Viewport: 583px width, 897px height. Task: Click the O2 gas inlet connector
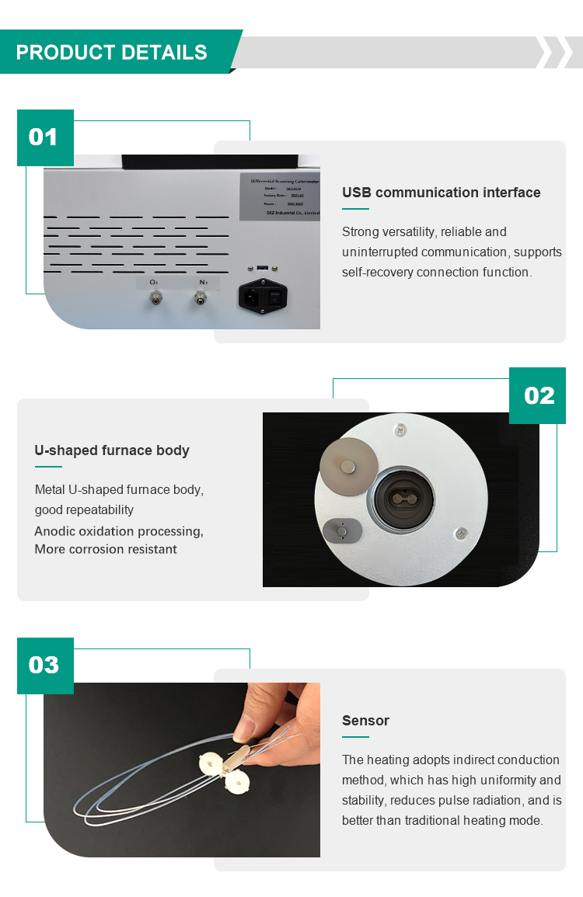[156, 297]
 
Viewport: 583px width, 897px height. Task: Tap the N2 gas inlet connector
[201, 297]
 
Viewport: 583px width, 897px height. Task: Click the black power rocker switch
[275, 297]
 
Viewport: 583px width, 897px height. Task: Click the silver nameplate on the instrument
[279, 193]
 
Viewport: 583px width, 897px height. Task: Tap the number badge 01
[45, 137]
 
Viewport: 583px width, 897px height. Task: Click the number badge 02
[538, 395]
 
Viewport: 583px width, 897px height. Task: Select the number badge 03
[45, 666]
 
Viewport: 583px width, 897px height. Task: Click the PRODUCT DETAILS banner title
[112, 53]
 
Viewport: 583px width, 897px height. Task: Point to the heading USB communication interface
[441, 193]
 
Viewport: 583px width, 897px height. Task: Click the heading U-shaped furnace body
[112, 450]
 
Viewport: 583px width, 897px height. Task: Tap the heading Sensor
[365, 721]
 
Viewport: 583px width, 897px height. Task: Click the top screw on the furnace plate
[400, 429]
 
